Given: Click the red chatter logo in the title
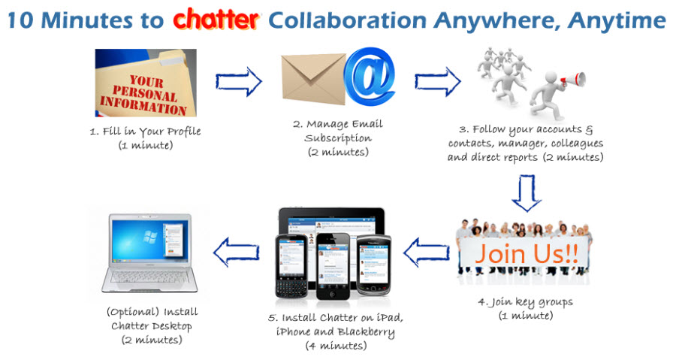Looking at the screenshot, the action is click(216, 20).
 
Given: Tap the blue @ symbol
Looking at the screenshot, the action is click(370, 76).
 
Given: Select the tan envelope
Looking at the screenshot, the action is click(314, 79).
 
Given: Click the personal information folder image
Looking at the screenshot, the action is click(146, 83).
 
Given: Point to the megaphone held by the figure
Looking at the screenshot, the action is click(573, 80).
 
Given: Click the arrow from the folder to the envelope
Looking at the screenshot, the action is click(238, 81).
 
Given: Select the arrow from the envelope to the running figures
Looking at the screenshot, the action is click(438, 81).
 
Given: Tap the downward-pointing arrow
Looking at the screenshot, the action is click(527, 193).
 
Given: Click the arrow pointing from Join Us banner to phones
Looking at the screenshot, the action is click(427, 253).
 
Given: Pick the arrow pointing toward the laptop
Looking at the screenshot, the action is click(237, 253).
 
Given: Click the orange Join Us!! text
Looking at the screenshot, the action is click(526, 253).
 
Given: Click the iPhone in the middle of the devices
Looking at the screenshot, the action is click(333, 267).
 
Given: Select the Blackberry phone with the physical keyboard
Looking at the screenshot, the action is click(291, 267).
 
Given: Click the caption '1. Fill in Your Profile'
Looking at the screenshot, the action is click(145, 131).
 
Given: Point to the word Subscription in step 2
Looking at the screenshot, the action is click(338, 138).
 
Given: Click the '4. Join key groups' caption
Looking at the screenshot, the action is click(526, 302).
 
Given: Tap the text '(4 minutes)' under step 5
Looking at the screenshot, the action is click(336, 346).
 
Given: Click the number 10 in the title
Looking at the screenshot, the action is click(20, 20).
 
